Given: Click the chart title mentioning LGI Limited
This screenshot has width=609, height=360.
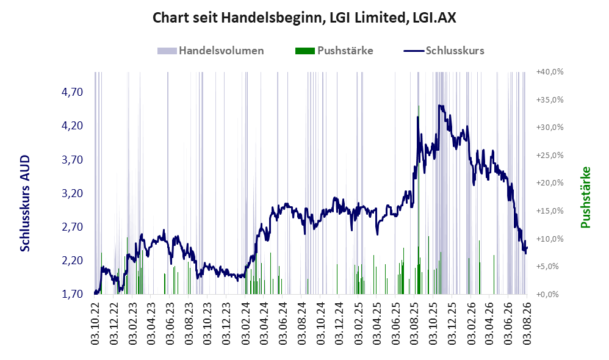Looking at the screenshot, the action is click(304, 18).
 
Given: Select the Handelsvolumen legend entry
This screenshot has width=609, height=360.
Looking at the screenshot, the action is click(211, 51).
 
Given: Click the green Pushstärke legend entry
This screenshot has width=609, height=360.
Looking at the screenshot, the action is click(334, 51).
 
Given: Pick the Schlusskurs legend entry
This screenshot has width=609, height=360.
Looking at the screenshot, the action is click(444, 51).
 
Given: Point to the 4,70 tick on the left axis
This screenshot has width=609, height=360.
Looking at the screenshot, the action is click(73, 92).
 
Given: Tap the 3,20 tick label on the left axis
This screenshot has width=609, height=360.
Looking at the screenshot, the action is click(73, 193).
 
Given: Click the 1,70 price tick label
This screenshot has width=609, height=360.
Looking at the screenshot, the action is click(73, 294).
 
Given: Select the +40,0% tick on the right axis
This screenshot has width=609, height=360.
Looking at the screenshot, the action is click(550, 72).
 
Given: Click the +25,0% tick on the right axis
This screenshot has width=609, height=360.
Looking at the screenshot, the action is click(550, 156).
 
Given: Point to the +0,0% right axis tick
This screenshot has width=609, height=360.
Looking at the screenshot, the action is click(547, 294).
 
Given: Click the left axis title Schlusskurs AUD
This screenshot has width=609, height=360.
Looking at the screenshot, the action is click(25, 203).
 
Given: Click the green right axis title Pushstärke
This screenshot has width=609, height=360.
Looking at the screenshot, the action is click(585, 197).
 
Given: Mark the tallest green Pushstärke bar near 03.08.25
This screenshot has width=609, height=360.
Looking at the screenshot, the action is click(419, 200).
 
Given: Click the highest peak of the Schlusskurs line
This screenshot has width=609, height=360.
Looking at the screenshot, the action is click(439, 105).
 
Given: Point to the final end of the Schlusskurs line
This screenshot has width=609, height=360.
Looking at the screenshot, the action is click(527, 248).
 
